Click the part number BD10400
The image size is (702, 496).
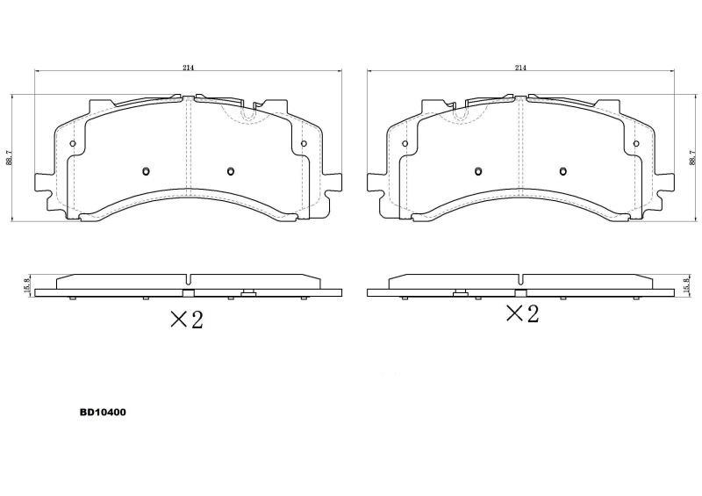tap(103, 413)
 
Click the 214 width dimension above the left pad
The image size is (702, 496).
tap(188, 68)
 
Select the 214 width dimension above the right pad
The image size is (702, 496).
tap(520, 68)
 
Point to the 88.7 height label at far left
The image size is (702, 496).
tap(9, 158)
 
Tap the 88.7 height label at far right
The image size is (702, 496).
tap(693, 158)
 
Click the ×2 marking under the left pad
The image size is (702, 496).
tap(187, 320)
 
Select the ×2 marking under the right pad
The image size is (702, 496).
tap(522, 313)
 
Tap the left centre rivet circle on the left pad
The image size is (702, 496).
tap(146, 171)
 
